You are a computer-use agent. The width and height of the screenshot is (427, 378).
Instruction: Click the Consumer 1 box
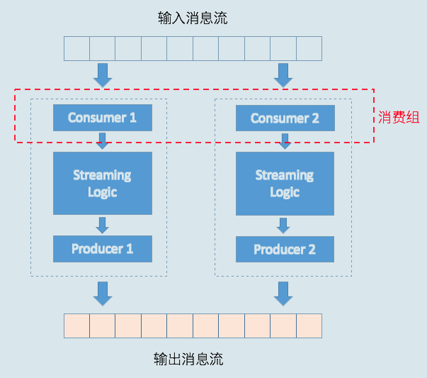click(x=103, y=117)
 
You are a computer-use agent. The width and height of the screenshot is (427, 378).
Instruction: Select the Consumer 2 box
click(x=285, y=118)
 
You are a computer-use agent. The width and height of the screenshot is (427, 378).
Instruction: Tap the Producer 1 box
click(x=103, y=249)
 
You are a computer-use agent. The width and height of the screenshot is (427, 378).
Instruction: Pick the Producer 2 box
click(x=285, y=250)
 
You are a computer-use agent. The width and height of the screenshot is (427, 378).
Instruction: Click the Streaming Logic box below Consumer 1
click(x=103, y=183)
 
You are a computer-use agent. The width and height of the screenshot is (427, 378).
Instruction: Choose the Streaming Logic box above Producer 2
click(x=285, y=183)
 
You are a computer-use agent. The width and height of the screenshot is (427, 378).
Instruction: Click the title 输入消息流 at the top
click(x=193, y=18)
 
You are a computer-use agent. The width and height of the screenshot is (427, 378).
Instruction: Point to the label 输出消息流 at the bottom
click(x=188, y=359)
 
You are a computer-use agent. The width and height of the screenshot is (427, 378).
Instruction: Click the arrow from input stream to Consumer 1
click(x=103, y=74)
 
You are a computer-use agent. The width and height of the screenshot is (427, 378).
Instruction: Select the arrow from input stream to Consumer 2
click(x=284, y=74)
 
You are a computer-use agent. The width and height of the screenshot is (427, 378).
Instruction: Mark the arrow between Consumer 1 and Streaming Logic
click(x=103, y=140)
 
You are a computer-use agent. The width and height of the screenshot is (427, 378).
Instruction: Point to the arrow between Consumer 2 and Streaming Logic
click(x=285, y=141)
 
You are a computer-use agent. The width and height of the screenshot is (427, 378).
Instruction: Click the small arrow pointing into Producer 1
click(x=103, y=225)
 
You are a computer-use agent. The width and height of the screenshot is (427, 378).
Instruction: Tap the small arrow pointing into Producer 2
click(x=284, y=226)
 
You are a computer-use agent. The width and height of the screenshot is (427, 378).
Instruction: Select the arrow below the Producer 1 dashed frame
click(x=103, y=293)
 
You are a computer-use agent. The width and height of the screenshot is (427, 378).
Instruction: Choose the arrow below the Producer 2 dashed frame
click(x=284, y=293)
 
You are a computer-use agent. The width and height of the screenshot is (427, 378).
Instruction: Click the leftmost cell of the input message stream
click(x=77, y=48)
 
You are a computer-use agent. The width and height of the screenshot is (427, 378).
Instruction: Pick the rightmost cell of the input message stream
click(x=309, y=48)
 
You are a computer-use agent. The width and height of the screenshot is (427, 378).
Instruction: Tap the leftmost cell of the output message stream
click(x=77, y=326)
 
